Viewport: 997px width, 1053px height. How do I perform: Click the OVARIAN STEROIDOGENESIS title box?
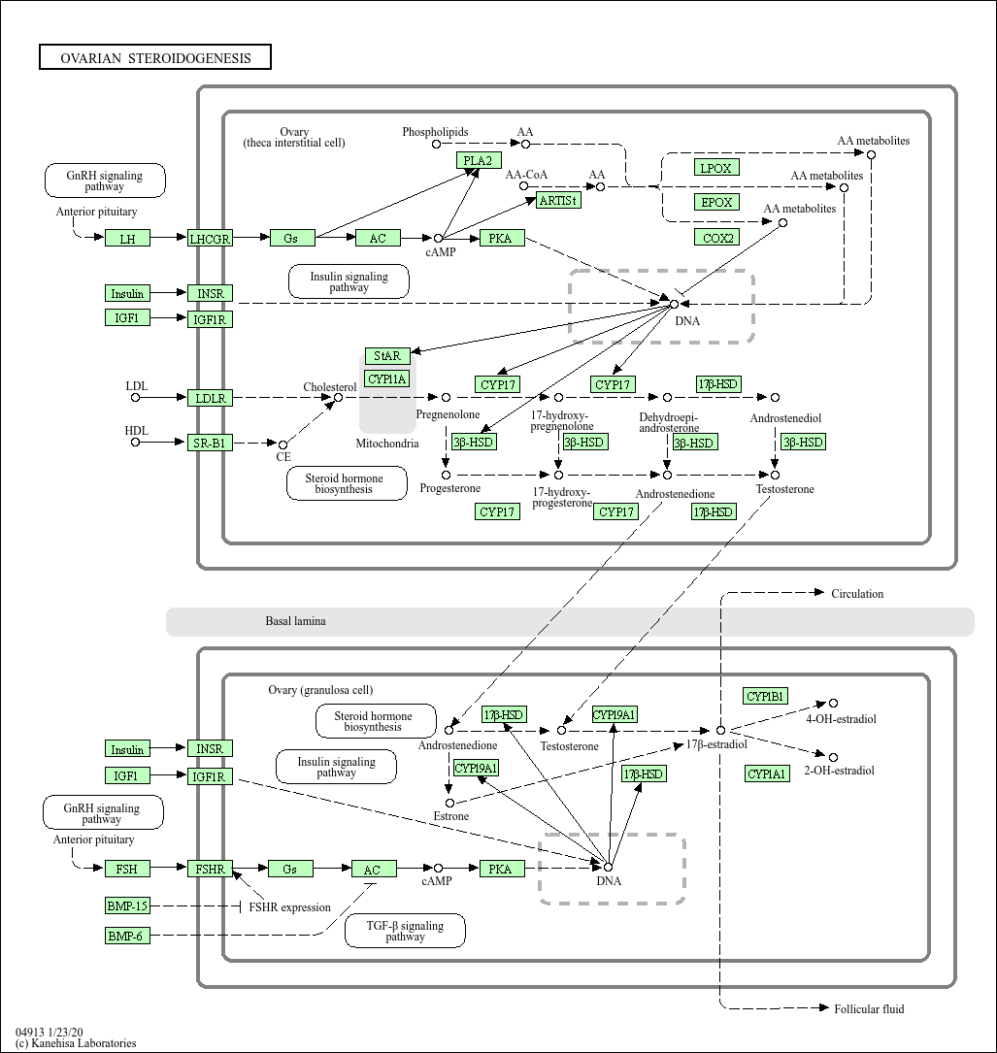[155, 58]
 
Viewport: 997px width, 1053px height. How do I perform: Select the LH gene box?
[127, 239]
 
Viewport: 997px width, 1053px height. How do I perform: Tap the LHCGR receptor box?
[210, 239]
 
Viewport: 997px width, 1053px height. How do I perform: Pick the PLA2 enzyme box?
[479, 161]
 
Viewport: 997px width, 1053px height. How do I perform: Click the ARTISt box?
[557, 201]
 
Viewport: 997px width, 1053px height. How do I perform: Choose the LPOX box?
[716, 168]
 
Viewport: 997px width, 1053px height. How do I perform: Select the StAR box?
[387, 356]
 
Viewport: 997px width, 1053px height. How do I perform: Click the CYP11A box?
[386, 378]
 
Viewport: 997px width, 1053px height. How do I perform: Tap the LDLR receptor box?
[210, 398]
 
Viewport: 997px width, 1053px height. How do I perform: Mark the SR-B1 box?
[210, 444]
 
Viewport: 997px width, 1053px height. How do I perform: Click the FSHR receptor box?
[210, 870]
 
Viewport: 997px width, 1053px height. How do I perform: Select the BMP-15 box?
[127, 906]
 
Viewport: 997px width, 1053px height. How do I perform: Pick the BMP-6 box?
[127, 936]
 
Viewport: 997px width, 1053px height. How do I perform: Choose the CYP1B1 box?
[765, 697]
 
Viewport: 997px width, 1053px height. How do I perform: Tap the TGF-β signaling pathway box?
[405, 932]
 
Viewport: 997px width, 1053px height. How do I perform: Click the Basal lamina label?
[295, 621]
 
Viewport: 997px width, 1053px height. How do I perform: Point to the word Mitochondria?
[386, 444]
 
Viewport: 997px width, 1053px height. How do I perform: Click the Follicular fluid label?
[869, 1009]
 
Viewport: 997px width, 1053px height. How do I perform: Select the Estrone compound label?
[450, 817]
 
